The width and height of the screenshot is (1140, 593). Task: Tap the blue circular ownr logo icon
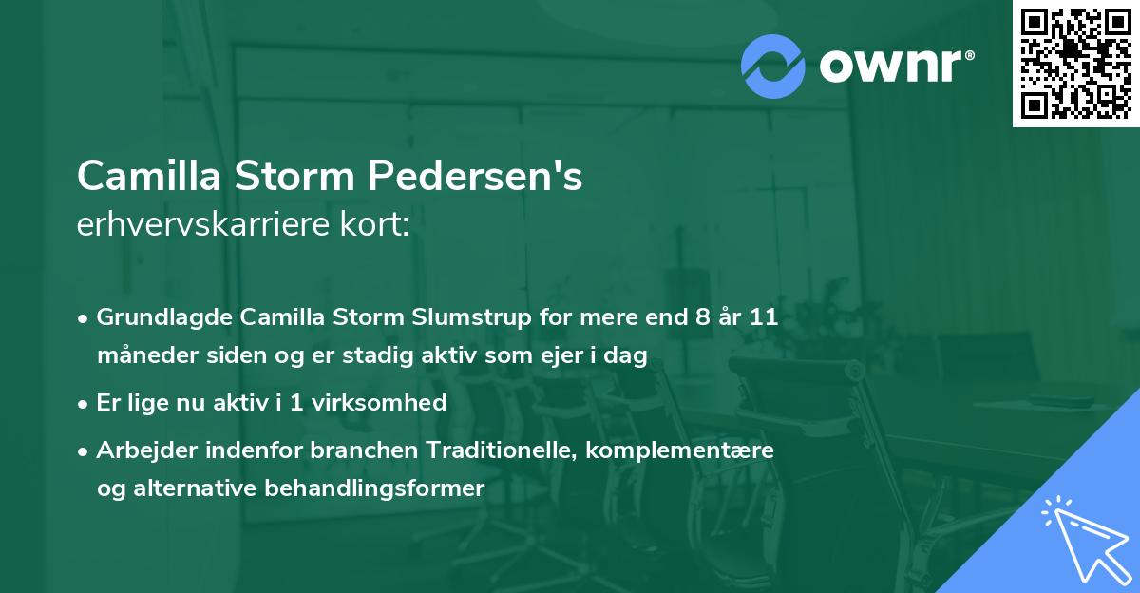point(773,67)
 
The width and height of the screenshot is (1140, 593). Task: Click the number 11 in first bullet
point(763,317)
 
